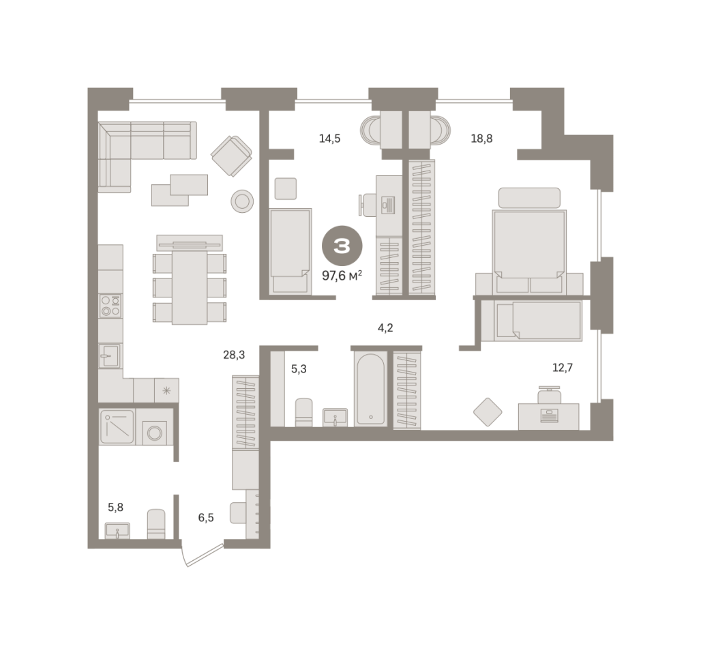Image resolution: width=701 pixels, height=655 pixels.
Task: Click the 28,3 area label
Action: coord(234,355)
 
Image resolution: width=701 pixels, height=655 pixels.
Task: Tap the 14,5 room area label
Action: coord(329,139)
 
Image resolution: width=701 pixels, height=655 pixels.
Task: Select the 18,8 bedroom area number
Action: coord(481,139)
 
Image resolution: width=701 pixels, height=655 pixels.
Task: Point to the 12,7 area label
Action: coord(563,368)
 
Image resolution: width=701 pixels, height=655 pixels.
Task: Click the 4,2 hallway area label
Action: coord(385,328)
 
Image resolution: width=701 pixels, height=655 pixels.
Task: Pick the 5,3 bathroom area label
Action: coord(299,369)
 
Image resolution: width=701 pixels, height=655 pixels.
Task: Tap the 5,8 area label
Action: coord(115,508)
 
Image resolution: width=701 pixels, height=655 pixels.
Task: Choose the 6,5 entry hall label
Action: coord(206,518)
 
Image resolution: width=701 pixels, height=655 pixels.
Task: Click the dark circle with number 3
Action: coord(342,246)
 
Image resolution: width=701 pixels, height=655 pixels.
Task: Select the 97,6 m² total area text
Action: coord(342,276)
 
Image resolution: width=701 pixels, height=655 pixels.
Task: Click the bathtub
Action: coord(371,388)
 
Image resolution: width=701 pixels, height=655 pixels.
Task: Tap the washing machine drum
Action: coord(155,433)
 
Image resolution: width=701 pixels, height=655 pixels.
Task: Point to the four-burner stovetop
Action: coord(110,306)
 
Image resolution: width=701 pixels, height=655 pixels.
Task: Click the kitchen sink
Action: coord(110,355)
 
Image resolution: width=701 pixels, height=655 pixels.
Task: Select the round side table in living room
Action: coord(242,201)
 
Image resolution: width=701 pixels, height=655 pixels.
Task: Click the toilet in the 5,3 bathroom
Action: coord(304,412)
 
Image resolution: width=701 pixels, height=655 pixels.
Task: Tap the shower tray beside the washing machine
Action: coord(117,426)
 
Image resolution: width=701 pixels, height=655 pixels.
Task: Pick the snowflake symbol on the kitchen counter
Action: coord(166,390)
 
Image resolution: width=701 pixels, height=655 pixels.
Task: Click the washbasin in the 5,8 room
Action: coord(117,531)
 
